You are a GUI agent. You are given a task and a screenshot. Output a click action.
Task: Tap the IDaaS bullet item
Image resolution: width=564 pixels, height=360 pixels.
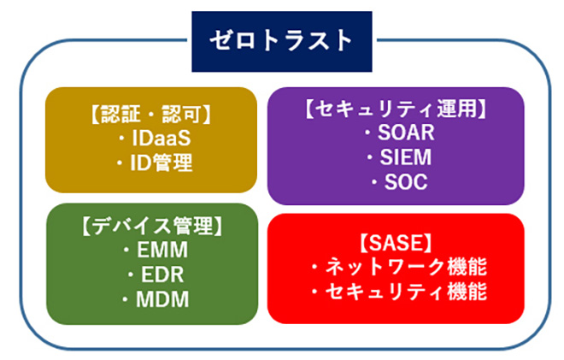pyautogui.click(x=150, y=138)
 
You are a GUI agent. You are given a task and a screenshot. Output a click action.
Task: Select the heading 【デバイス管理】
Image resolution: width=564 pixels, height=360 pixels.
pyautogui.click(x=150, y=228)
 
